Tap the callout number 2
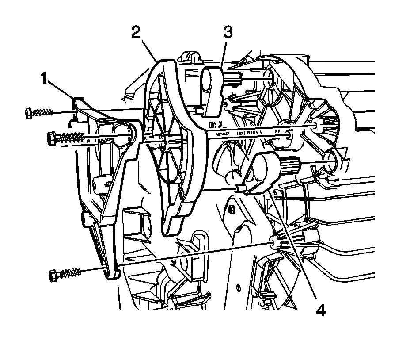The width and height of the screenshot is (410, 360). [x=137, y=32]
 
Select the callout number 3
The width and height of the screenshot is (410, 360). [x=228, y=32]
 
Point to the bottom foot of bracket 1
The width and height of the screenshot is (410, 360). [x=112, y=275]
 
